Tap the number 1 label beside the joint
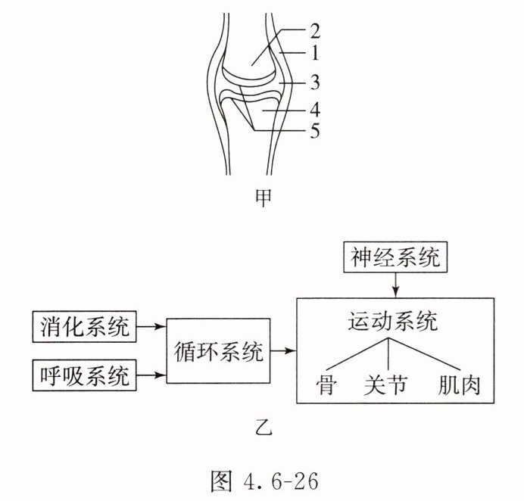tap(313, 55)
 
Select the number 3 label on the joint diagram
tap(313, 82)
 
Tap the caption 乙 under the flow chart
tap(262, 432)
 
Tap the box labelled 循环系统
tap(218, 351)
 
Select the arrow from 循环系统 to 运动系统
tap(282, 351)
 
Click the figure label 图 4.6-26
tap(263, 479)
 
